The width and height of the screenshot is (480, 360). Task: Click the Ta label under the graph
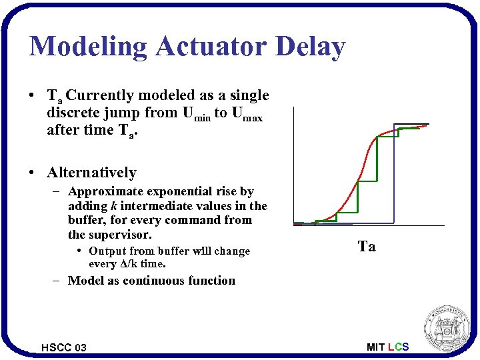coord(367,247)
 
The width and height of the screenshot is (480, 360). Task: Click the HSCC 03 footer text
coord(63,347)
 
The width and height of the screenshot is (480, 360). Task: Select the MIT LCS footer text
coord(387,347)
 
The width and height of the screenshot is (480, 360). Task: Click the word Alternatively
coord(91,173)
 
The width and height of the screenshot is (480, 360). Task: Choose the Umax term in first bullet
coord(247,113)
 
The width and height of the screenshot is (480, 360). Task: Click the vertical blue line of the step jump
coord(394,173)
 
